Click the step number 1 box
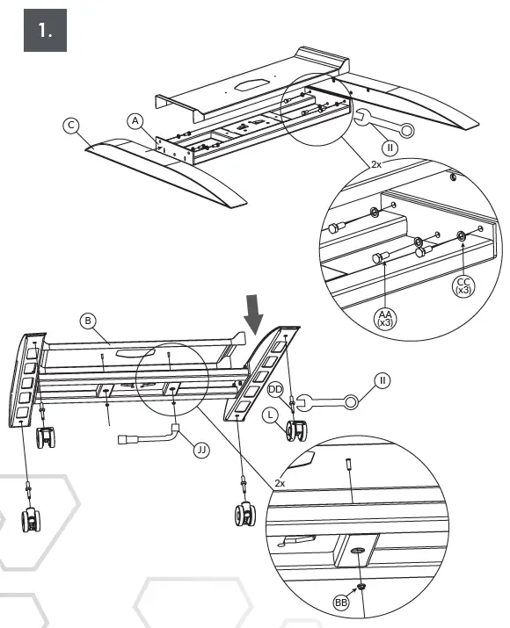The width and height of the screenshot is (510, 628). tap(46, 30)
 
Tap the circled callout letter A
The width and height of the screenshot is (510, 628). tap(135, 121)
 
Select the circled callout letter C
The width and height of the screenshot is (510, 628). tap(71, 126)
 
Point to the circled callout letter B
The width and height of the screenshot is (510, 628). tap(88, 321)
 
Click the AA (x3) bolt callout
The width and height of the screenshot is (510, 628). tap(385, 318)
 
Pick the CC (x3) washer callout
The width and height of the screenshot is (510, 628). tap(463, 286)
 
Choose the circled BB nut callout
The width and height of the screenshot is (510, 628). tap(341, 603)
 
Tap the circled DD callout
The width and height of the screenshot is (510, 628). tap(275, 389)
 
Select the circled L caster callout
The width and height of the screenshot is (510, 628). tap(271, 415)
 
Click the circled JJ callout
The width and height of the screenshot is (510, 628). tap(201, 451)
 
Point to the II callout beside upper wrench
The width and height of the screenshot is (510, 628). tap(390, 148)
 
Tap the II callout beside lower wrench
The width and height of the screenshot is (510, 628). tap(382, 380)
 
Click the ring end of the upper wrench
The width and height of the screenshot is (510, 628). tap(406, 131)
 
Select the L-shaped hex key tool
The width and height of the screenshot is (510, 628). tap(149, 437)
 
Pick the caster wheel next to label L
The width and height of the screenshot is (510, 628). tap(296, 431)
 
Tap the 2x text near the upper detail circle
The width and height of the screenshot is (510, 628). tap(376, 164)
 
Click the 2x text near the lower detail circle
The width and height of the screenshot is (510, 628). tap(280, 483)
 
